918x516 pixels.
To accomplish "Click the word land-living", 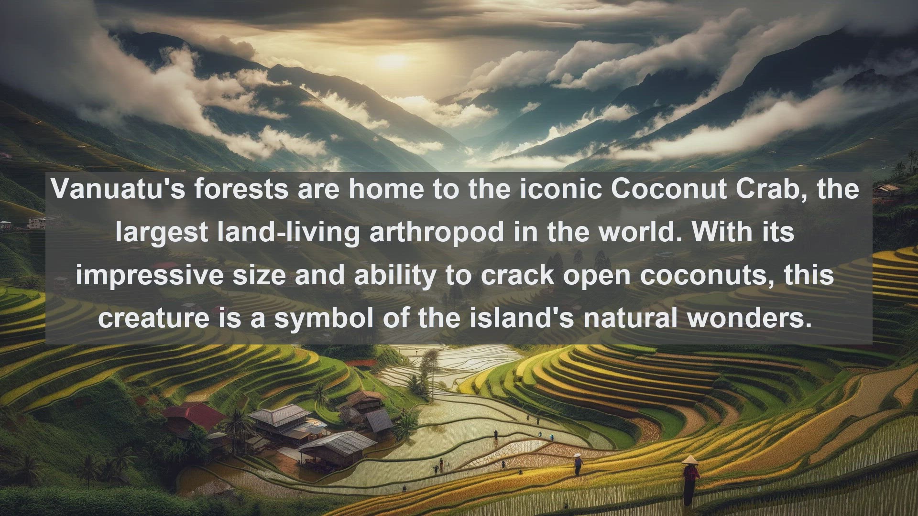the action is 285,232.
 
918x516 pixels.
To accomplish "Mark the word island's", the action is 521,318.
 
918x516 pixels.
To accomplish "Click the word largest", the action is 161,232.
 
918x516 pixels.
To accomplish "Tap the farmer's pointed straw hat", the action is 689,460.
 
